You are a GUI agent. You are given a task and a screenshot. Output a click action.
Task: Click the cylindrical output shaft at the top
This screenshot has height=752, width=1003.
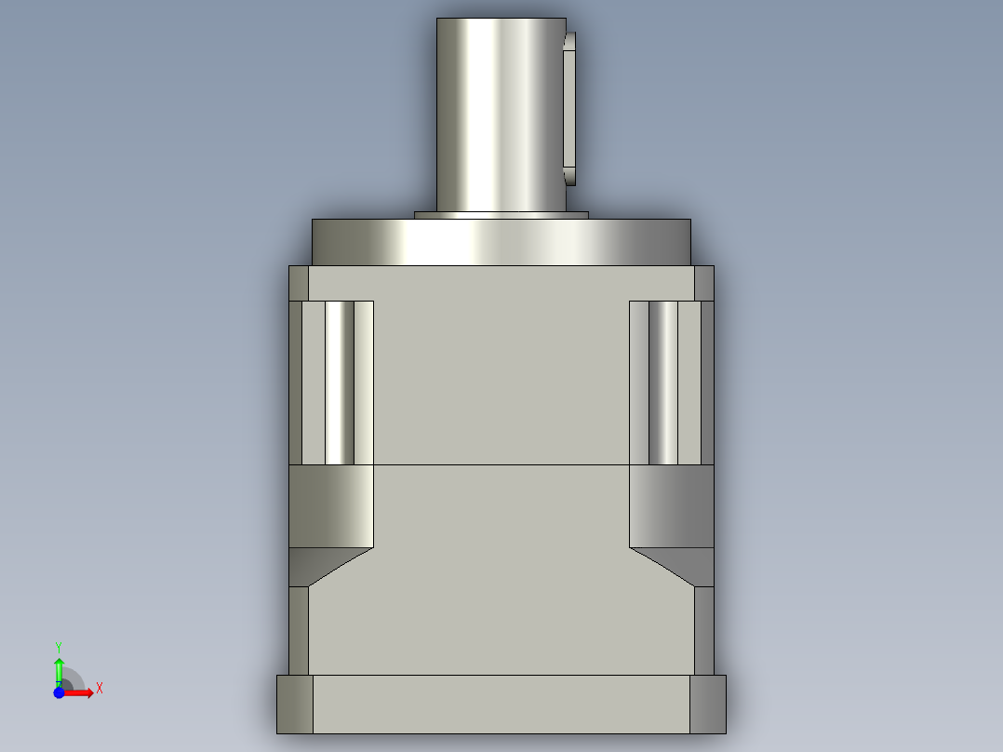point(501,112)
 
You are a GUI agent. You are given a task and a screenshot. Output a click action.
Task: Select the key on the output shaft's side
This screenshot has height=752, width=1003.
point(570,107)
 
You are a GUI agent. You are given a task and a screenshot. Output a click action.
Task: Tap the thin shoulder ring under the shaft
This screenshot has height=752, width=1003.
point(501,215)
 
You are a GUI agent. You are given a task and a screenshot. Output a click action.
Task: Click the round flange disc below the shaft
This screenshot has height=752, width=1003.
point(501,242)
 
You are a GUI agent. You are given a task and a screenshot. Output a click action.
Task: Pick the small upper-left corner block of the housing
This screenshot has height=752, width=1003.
point(299,283)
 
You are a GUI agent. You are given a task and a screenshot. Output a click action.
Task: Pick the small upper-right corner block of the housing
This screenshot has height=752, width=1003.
point(703,283)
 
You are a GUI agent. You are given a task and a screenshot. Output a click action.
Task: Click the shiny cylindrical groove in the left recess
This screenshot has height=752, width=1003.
point(340,382)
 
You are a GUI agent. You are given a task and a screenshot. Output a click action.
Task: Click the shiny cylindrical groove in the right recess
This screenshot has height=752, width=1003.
point(662,382)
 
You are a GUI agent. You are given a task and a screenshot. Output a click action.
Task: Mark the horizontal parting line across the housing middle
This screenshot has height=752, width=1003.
point(501,464)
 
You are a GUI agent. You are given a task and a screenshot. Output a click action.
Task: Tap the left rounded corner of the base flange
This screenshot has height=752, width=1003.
point(295,704)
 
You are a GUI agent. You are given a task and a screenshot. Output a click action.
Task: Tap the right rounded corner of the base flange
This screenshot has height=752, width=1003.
point(707,704)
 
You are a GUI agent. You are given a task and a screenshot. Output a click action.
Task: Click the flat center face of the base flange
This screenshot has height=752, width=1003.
point(501,704)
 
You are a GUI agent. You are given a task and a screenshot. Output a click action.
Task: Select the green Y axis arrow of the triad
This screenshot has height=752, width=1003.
point(59,668)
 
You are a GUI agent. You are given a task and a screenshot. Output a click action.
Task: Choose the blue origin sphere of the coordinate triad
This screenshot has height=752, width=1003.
point(59,692)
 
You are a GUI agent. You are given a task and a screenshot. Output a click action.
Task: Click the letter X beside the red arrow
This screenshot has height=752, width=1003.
point(99,689)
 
